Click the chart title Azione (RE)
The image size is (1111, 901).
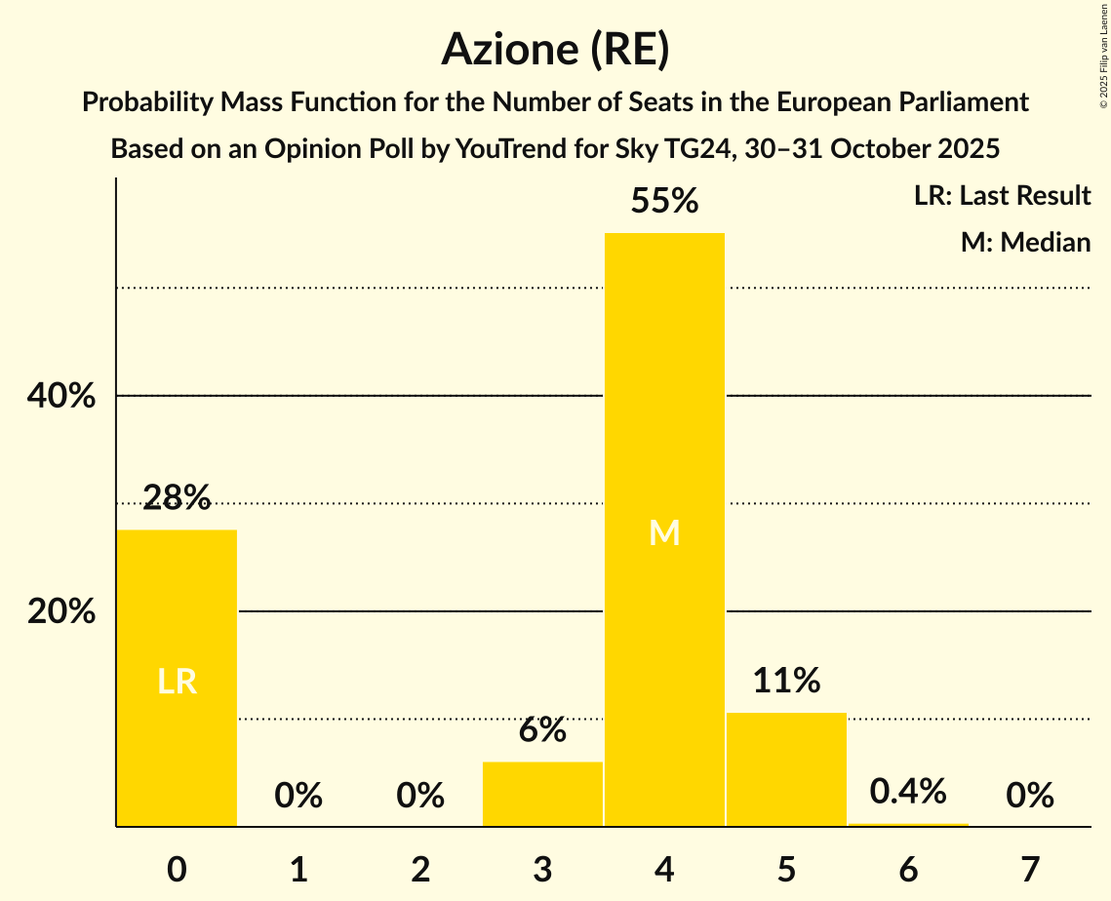pyautogui.click(x=555, y=49)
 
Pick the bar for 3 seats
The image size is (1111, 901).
pyautogui.click(x=542, y=794)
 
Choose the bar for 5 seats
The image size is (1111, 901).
pyautogui.click(x=786, y=769)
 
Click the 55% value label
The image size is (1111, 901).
pyautogui.click(x=664, y=202)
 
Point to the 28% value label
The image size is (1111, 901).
pyautogui.click(x=177, y=498)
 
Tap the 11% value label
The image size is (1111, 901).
pyautogui.click(x=786, y=681)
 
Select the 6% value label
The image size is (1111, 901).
pyautogui.click(x=542, y=729)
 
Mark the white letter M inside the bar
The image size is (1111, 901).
pyautogui.click(x=664, y=532)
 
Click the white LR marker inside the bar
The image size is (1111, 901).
pyautogui.click(x=177, y=682)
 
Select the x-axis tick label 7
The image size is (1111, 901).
pyautogui.click(x=1030, y=869)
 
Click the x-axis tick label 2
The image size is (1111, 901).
pyautogui.click(x=420, y=869)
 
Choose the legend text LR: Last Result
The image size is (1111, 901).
pyautogui.click(x=1002, y=196)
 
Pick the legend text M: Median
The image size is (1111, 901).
pyautogui.click(x=1025, y=242)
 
